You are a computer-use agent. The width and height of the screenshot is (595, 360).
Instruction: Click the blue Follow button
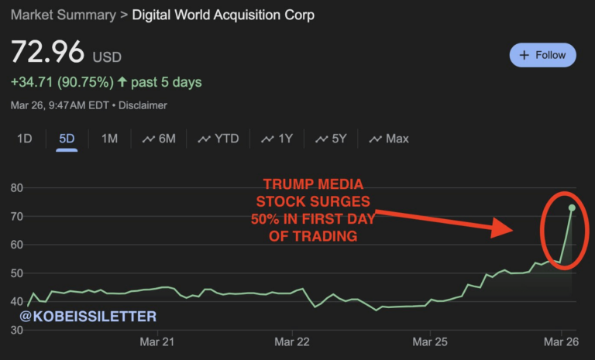click(x=542, y=55)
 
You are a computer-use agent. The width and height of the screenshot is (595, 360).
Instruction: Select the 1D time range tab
click(x=25, y=139)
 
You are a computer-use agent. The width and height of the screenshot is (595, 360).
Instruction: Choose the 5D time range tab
click(x=67, y=139)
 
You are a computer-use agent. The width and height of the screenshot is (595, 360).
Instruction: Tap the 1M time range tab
click(x=109, y=139)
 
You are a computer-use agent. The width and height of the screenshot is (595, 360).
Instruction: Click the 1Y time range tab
click(x=277, y=139)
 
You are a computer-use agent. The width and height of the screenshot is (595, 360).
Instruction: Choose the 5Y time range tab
click(x=331, y=139)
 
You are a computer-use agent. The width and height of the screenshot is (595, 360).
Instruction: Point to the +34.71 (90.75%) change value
click(x=62, y=81)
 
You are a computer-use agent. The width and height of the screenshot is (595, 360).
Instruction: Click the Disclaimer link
click(x=143, y=105)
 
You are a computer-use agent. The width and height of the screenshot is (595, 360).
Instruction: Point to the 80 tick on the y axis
click(x=16, y=188)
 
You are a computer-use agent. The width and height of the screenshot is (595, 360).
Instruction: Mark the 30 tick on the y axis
click(x=16, y=331)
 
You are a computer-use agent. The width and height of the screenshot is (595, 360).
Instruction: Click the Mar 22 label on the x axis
click(x=293, y=341)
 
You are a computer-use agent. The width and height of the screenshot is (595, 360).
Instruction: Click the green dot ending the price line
click(x=572, y=207)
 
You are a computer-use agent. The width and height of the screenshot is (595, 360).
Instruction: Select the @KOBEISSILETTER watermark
click(x=88, y=317)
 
